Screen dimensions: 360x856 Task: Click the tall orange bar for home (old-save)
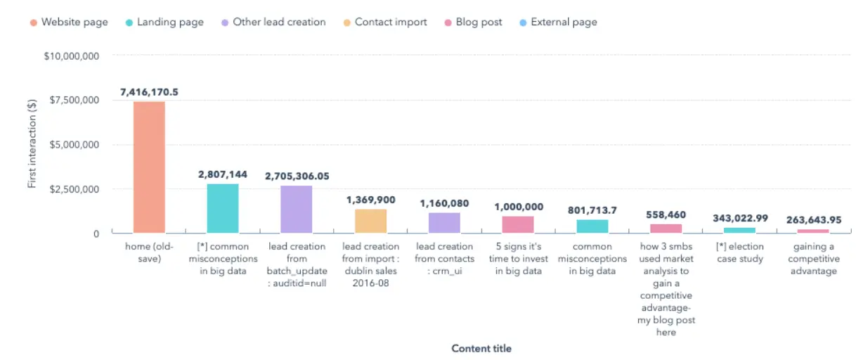coord(149,167)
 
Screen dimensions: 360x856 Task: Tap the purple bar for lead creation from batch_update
coord(297,209)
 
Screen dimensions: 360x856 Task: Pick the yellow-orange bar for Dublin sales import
coord(370,221)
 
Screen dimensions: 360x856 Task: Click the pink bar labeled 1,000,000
coord(518,224)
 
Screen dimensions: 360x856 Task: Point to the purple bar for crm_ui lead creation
coord(444,222)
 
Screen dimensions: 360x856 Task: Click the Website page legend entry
coord(69,22)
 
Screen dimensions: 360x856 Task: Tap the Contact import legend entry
coord(384,22)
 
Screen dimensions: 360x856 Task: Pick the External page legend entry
coord(557,22)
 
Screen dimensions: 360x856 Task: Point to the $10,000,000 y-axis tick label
coord(71,56)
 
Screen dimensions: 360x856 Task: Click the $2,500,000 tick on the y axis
coord(74,189)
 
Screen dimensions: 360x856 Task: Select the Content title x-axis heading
coord(481,349)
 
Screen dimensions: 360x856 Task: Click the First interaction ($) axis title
coord(32,144)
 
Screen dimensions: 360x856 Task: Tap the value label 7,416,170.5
coord(149,92)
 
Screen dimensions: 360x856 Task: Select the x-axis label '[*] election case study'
coord(739,253)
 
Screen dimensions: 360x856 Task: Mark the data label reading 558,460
coord(666,215)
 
